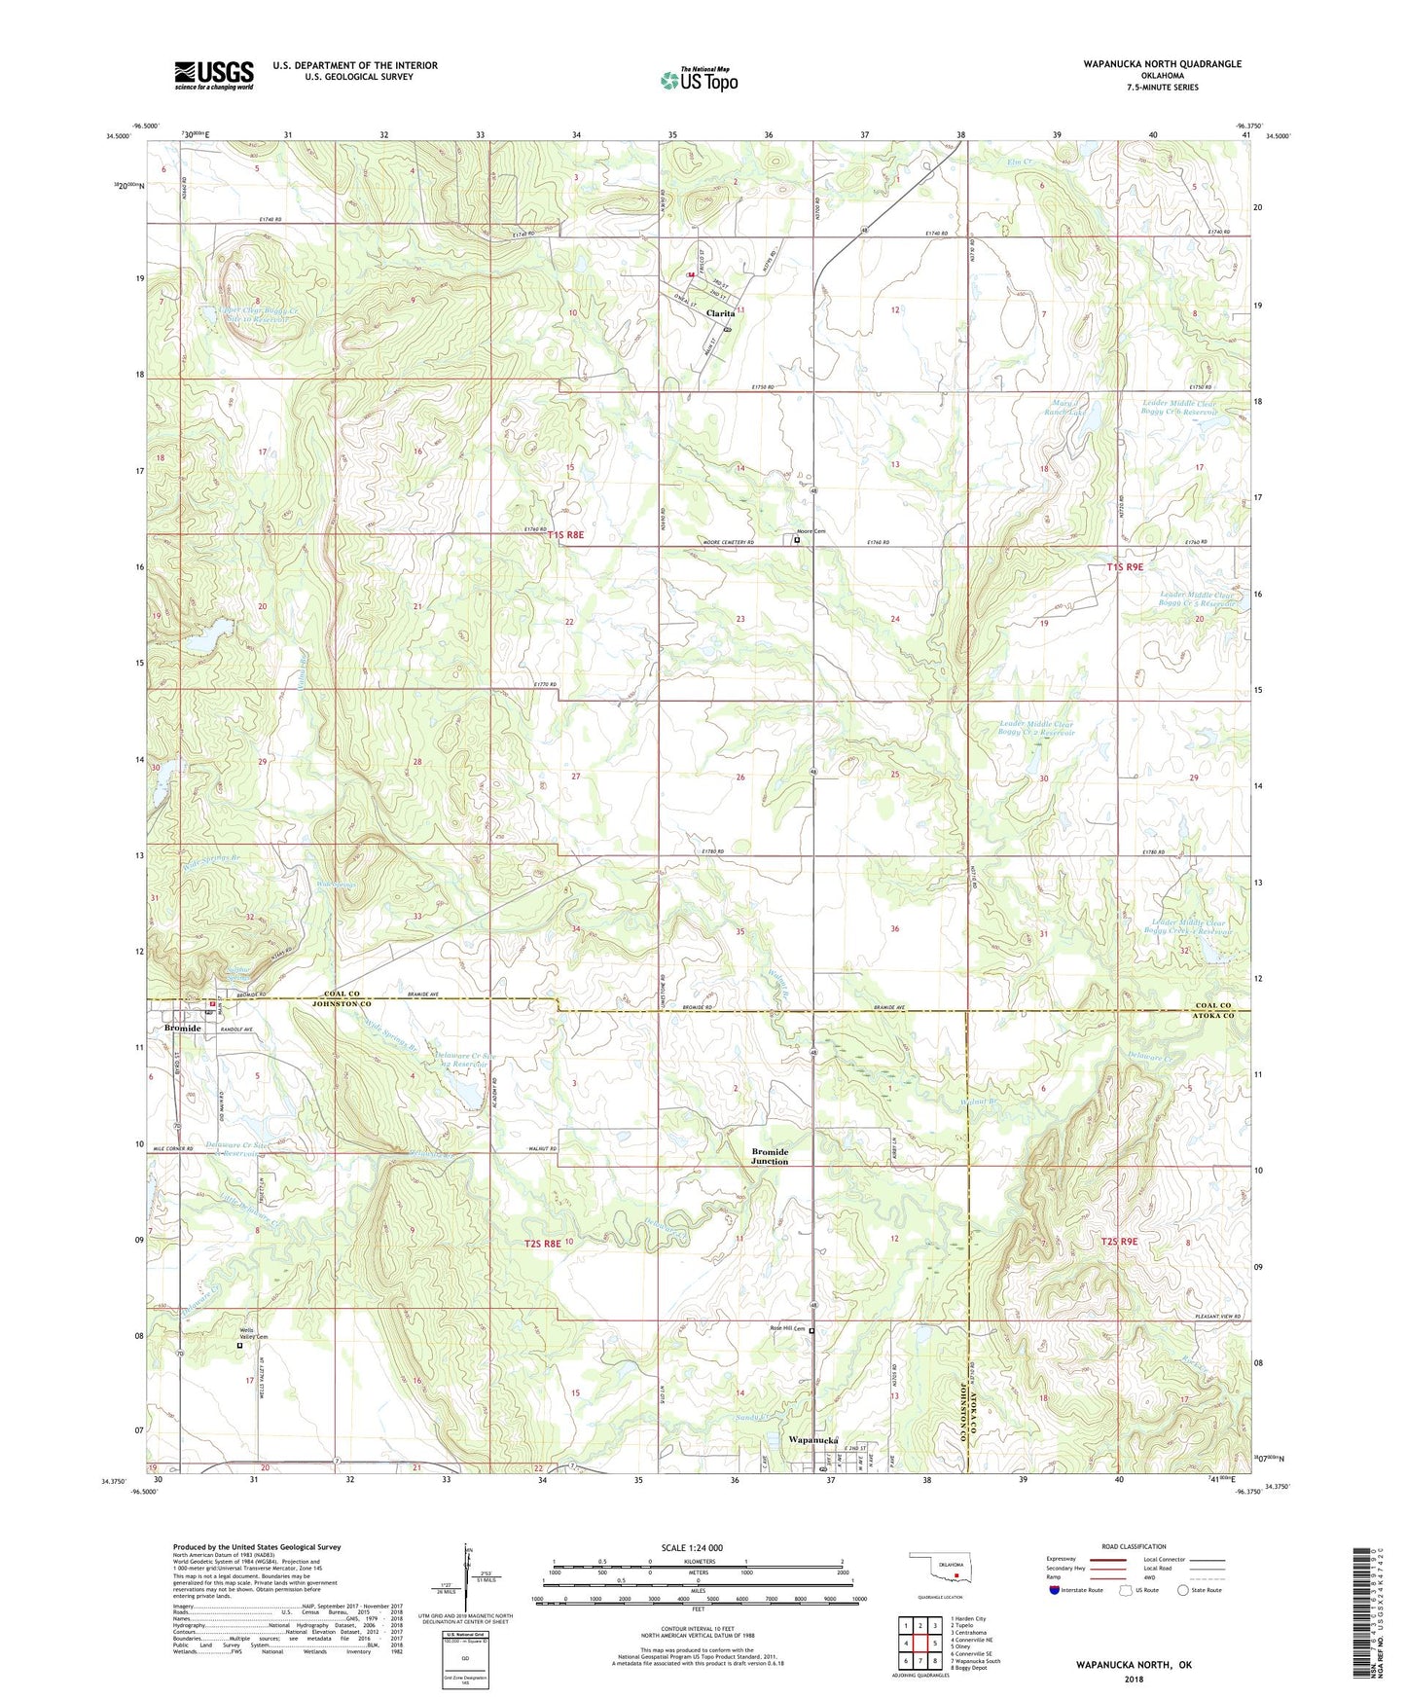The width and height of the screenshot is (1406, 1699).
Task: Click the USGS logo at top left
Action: click(213, 75)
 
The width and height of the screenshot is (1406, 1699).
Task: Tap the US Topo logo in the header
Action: click(699, 80)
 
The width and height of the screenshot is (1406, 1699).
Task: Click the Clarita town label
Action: click(720, 314)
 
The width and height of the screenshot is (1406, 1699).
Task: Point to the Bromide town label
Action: click(182, 1029)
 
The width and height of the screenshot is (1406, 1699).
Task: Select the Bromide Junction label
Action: click(770, 1156)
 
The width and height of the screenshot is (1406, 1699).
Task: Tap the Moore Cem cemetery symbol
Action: click(797, 539)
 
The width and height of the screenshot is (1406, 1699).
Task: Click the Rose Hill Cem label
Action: click(787, 1328)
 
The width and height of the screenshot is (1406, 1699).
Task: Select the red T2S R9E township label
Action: click(1119, 1242)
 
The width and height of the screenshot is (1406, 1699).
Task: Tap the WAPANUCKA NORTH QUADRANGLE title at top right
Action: click(1162, 64)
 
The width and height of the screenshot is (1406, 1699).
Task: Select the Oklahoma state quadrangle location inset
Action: click(939, 1569)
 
